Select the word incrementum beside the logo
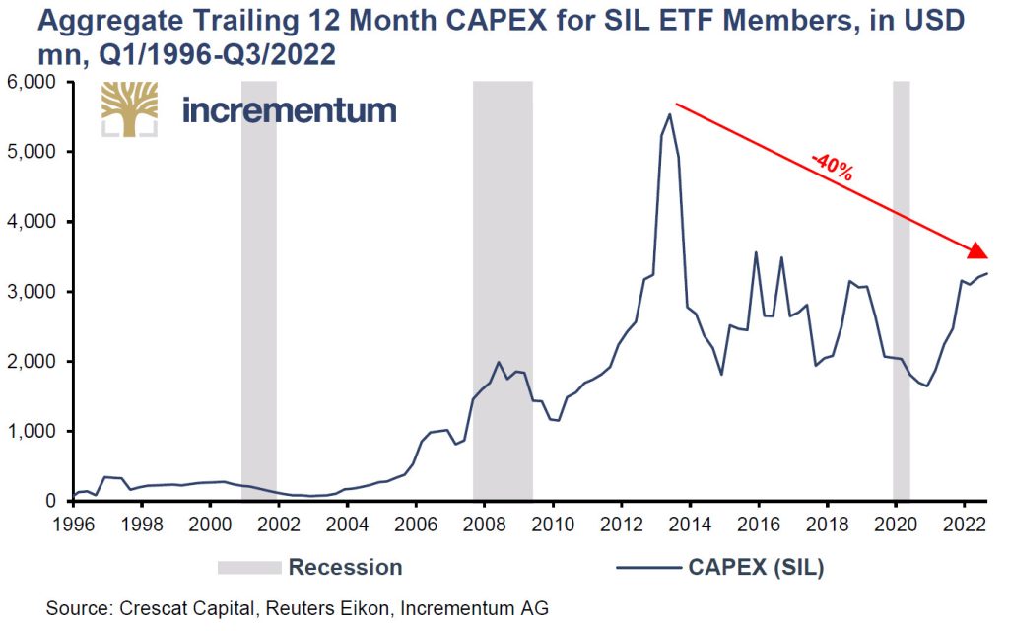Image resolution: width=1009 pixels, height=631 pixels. click(x=289, y=109)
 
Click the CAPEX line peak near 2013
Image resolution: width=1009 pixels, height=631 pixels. click(x=670, y=114)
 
